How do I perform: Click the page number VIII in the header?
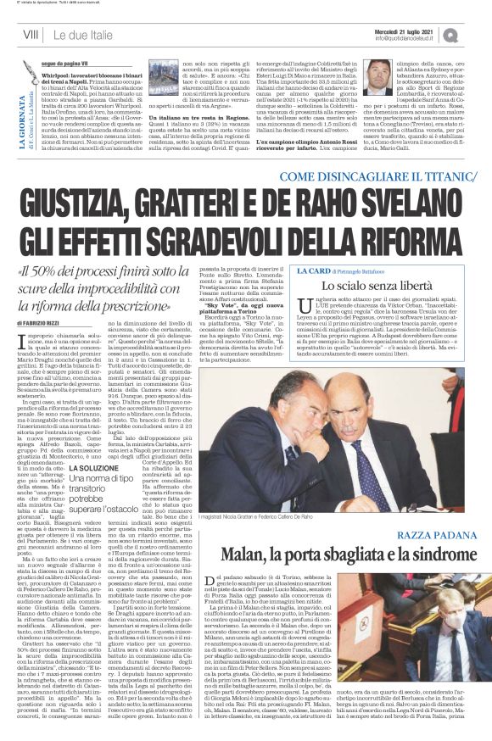31,34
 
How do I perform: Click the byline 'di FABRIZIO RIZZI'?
45,323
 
